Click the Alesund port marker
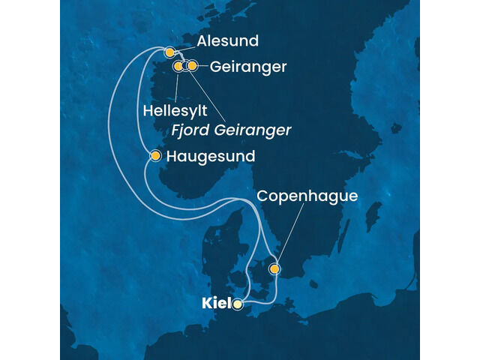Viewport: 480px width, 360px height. click(169, 52)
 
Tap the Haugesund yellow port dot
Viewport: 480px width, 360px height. click(155, 156)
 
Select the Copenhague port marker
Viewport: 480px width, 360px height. click(275, 268)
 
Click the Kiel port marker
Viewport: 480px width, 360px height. click(238, 304)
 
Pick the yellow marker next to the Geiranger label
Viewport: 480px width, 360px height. click(192, 66)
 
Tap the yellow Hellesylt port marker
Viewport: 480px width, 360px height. click(178, 67)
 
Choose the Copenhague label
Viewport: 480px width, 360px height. click(307, 196)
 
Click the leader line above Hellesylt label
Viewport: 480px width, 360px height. click(177, 86)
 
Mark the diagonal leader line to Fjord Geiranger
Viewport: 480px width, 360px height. click(206, 97)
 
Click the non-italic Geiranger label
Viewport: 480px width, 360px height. click(249, 67)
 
